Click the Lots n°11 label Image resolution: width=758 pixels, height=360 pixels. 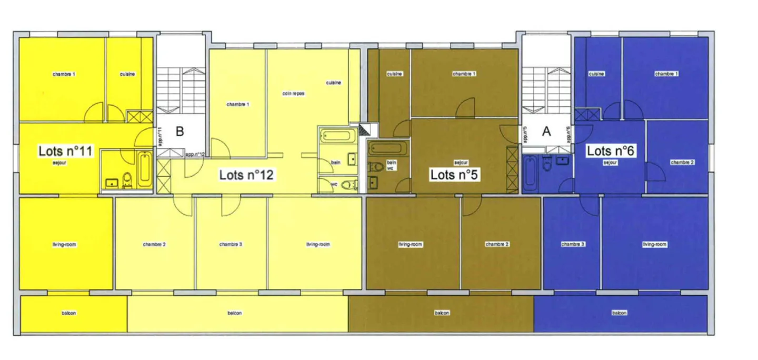point(65,152)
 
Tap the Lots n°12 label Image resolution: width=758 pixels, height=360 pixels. point(246,175)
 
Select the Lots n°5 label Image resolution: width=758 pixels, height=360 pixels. point(454,175)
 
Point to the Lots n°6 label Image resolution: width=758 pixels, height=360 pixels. point(610,151)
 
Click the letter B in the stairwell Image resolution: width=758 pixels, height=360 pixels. point(179,132)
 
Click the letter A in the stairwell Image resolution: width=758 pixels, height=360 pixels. point(546,132)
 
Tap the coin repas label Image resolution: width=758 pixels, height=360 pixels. point(293,94)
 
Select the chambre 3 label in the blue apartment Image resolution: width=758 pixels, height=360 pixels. point(573,244)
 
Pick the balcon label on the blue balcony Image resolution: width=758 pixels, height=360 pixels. point(620,313)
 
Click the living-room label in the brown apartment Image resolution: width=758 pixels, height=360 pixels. point(411,244)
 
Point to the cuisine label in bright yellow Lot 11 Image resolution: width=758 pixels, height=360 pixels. point(127,74)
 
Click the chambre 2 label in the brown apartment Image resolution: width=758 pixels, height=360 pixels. point(497,244)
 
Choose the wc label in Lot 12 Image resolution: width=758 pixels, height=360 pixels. point(334,184)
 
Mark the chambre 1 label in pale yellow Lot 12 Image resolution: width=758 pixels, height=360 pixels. point(238,104)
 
